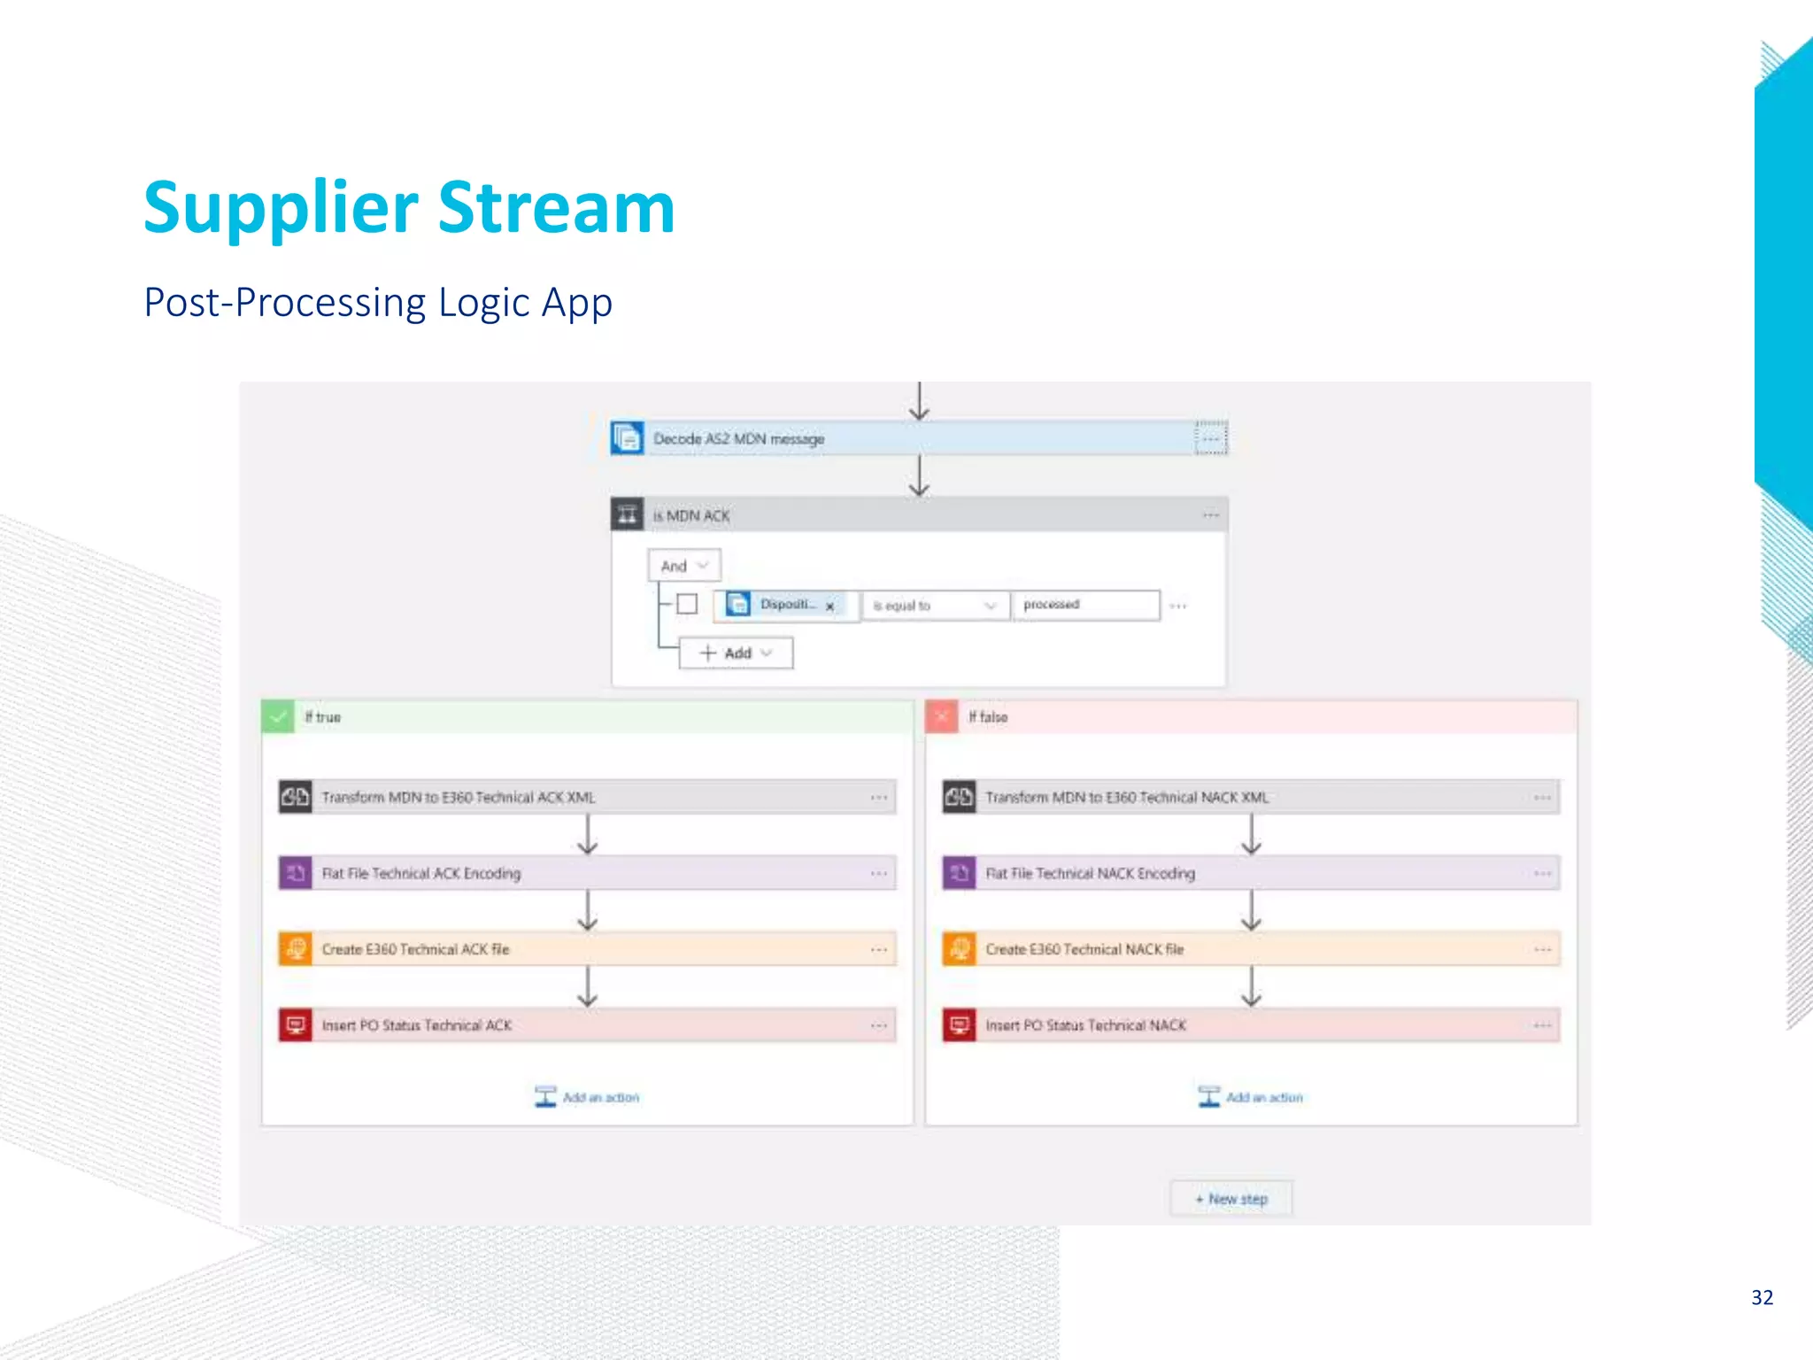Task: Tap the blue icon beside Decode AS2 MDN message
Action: [628, 438]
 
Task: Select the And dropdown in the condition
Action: [684, 566]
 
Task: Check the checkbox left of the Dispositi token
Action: [687, 605]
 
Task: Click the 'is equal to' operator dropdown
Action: [935, 606]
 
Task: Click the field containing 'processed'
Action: [1085, 605]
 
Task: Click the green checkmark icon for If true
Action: [278, 716]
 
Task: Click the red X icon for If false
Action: [942, 716]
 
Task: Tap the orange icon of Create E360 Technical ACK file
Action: [296, 949]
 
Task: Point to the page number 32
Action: [1762, 1298]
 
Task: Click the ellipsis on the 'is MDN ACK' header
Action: [1210, 515]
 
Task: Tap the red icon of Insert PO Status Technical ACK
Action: [296, 1025]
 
